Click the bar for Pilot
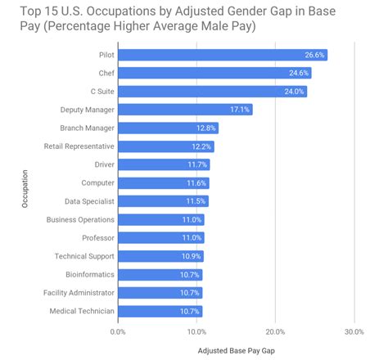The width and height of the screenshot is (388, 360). tap(222, 55)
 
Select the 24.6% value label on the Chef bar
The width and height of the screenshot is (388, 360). tap(298, 73)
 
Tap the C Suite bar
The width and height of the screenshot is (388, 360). tap(212, 92)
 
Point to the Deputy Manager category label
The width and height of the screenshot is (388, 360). tap(86, 110)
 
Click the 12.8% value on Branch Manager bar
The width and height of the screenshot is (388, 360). tap(206, 128)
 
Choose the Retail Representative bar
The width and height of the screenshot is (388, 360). tap(166, 146)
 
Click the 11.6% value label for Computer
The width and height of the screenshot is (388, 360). tap(197, 182)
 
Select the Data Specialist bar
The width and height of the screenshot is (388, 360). tap(163, 201)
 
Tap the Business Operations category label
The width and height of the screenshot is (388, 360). tap(79, 219)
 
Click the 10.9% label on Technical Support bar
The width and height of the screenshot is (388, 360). tap(192, 256)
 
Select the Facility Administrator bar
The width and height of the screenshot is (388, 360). tap(160, 292)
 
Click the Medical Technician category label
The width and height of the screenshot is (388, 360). tap(80, 311)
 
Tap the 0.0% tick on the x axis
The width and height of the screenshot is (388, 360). tap(118, 331)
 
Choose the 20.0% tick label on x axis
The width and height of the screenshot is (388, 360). tap(275, 331)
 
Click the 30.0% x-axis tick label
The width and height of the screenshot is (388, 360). tap(354, 331)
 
